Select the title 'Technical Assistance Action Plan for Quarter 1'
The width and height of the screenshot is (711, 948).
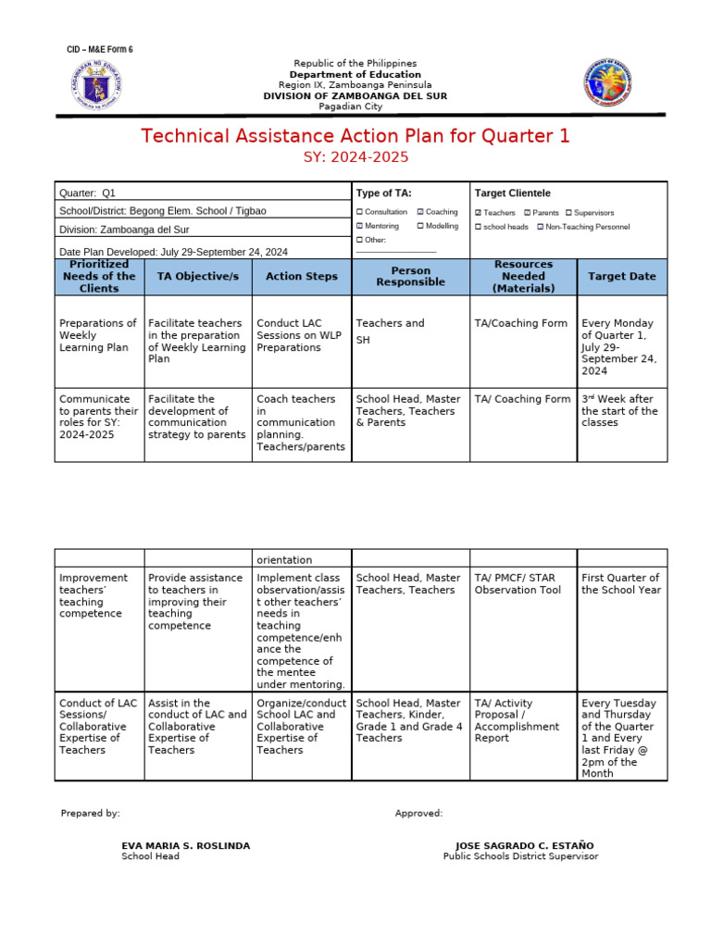(355, 136)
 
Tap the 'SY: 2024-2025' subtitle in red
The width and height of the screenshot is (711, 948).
(355, 157)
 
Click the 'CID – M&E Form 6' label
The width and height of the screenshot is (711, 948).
(99, 49)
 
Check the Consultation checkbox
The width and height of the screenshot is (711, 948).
(360, 212)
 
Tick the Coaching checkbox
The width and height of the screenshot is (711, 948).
(420, 212)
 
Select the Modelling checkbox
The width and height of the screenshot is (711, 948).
(420, 226)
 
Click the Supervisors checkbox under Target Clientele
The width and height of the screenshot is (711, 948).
(569, 213)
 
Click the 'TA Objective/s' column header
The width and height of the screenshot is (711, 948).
(197, 276)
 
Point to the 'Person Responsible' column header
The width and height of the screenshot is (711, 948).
(410, 276)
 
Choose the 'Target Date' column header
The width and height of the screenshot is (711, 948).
(621, 276)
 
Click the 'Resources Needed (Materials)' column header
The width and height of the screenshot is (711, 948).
(523, 276)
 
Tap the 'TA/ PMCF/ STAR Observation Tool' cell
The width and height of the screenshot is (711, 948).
(518, 584)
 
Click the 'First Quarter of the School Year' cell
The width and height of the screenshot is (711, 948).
(620, 584)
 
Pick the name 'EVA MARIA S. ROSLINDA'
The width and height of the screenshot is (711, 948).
(185, 846)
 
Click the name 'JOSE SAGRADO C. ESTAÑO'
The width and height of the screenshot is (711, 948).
(524, 846)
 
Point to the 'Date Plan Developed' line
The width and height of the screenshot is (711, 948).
(173, 251)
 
